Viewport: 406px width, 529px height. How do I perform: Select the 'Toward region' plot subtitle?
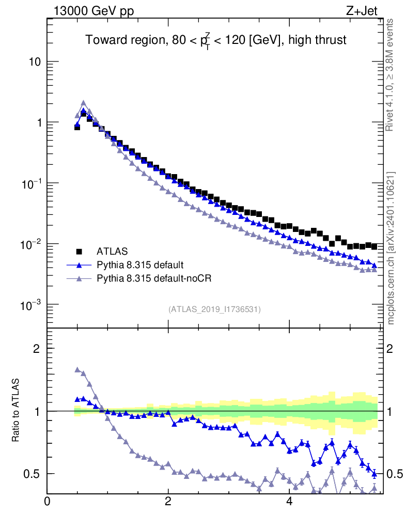click(215, 40)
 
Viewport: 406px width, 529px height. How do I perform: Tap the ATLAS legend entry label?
click(112, 252)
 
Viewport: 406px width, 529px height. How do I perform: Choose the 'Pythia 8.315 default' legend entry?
click(139, 265)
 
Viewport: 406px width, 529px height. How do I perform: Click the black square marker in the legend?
click(80, 252)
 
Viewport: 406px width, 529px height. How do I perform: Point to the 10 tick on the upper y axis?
click(33, 62)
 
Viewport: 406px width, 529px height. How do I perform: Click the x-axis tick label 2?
click(168, 501)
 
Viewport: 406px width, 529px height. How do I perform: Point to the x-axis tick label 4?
click(289, 501)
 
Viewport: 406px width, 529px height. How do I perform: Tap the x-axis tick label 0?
click(47, 501)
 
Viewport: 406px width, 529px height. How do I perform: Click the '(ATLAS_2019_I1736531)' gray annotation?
click(214, 309)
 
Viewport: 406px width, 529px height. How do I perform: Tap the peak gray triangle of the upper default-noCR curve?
click(83, 103)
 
